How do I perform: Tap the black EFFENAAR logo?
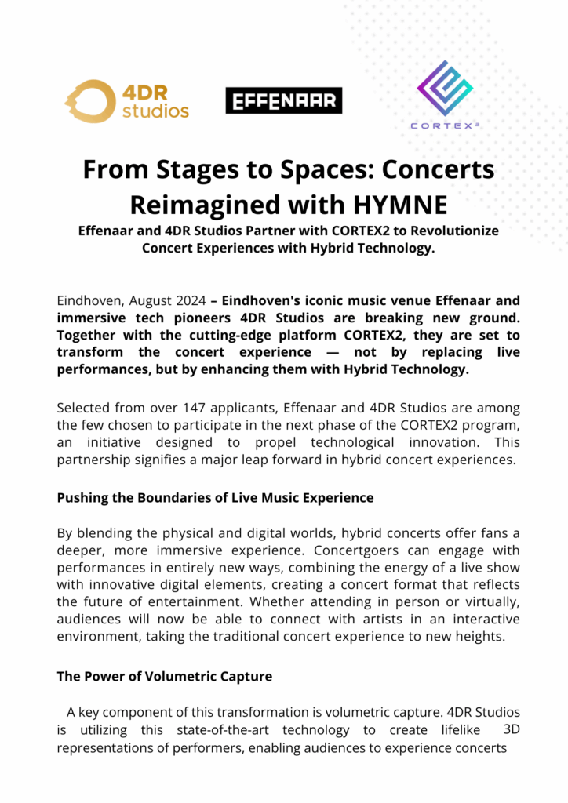283,100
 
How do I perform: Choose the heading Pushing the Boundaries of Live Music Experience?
215,497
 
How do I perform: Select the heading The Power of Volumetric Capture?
164,676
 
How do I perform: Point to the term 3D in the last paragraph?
511,729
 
